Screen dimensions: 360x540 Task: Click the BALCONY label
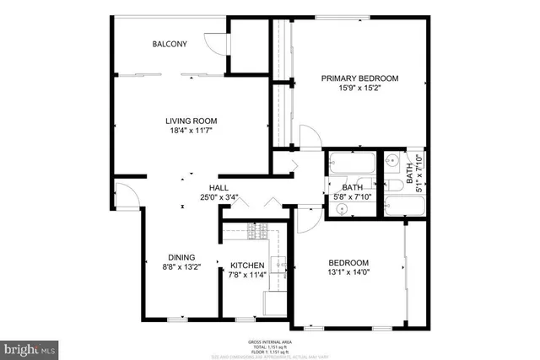click(169, 45)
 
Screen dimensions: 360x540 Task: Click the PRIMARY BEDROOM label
click(360, 78)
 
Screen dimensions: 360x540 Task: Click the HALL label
click(219, 187)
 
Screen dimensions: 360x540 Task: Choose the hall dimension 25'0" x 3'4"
click(219, 198)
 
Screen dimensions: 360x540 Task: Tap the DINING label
click(181, 258)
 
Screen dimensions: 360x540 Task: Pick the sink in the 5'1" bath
click(393, 159)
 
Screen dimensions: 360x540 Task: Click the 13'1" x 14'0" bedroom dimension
click(348, 272)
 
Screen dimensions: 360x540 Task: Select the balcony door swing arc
click(218, 44)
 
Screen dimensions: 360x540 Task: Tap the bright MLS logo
click(31, 347)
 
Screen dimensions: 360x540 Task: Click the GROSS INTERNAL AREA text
click(270, 341)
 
